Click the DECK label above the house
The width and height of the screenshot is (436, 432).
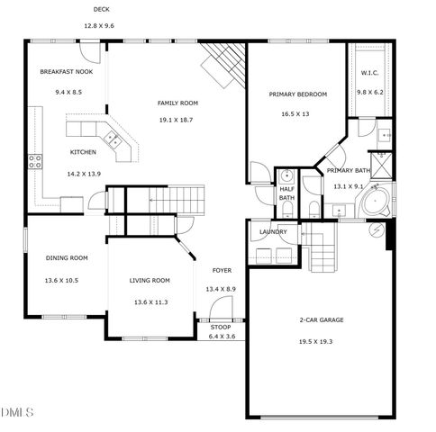pos(102,10)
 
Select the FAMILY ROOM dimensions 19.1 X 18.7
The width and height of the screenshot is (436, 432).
pos(177,119)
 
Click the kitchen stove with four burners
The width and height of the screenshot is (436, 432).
pos(36,162)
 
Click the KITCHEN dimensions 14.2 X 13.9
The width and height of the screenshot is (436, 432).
pos(84,173)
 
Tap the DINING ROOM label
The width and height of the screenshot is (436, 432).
pos(67,258)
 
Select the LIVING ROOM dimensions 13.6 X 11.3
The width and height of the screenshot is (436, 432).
pos(150,301)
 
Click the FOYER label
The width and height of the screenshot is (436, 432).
pos(221,270)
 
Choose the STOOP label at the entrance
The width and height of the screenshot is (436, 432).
pos(221,327)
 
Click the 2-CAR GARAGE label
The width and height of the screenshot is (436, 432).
pos(322,319)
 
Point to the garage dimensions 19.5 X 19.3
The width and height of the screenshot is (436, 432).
pos(322,341)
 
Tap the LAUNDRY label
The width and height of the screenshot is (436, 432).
pos(273,231)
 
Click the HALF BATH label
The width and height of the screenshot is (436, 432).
pos(286,193)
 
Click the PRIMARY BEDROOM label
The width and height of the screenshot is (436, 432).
pos(298,94)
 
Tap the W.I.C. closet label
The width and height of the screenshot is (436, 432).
pos(370,73)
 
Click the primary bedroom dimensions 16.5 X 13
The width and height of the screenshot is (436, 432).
pos(295,114)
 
